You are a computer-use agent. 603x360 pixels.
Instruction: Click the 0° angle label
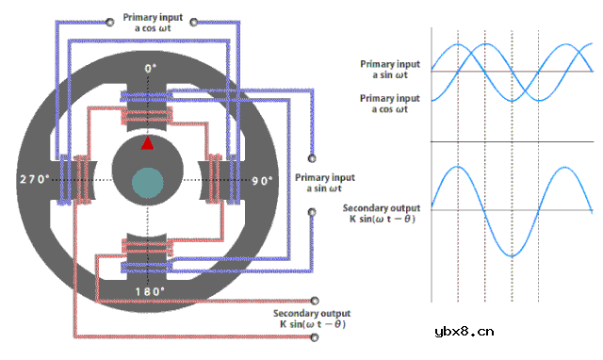(151, 69)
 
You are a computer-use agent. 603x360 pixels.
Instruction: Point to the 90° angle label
(262, 181)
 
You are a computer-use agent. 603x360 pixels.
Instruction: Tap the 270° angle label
(35, 179)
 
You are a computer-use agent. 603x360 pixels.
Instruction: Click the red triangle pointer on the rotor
(148, 143)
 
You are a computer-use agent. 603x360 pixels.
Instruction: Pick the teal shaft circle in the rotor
(148, 183)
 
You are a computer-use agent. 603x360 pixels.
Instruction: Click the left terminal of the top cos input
(110, 23)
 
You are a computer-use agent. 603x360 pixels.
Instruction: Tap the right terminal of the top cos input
(194, 23)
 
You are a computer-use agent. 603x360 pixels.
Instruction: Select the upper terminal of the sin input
(312, 158)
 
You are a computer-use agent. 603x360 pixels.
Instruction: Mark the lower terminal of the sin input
(312, 212)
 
